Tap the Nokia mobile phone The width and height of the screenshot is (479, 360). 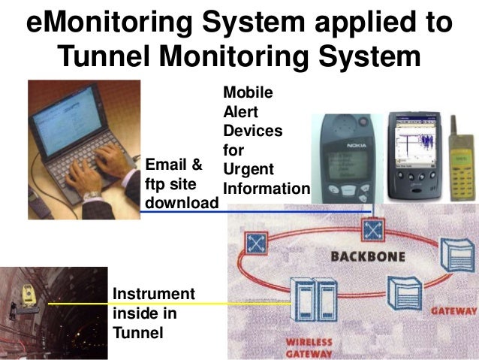point(343,157)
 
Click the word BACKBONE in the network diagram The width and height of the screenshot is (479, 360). point(368,257)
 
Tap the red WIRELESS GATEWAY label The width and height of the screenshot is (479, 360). point(309,347)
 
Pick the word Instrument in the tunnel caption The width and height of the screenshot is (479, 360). point(152,293)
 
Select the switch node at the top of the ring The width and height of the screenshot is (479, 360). point(371,228)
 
